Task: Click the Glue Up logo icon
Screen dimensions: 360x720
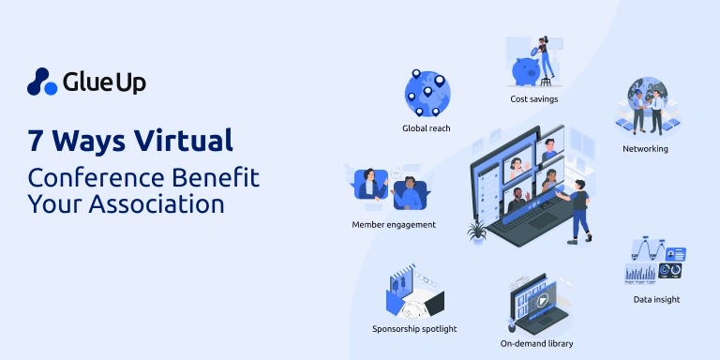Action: pyautogui.click(x=41, y=82)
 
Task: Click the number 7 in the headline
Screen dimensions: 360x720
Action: pyautogui.click(x=37, y=142)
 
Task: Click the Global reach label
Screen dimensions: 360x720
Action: pyautogui.click(x=427, y=127)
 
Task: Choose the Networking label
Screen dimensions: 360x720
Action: pyautogui.click(x=645, y=148)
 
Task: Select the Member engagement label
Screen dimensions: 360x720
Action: pyautogui.click(x=394, y=225)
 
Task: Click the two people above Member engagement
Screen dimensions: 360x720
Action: pyautogui.click(x=393, y=187)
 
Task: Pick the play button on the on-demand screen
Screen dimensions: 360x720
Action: pyautogui.click(x=542, y=302)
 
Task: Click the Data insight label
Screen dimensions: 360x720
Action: pyautogui.click(x=656, y=299)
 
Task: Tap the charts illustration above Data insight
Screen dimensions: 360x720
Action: pyautogui.click(x=655, y=262)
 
